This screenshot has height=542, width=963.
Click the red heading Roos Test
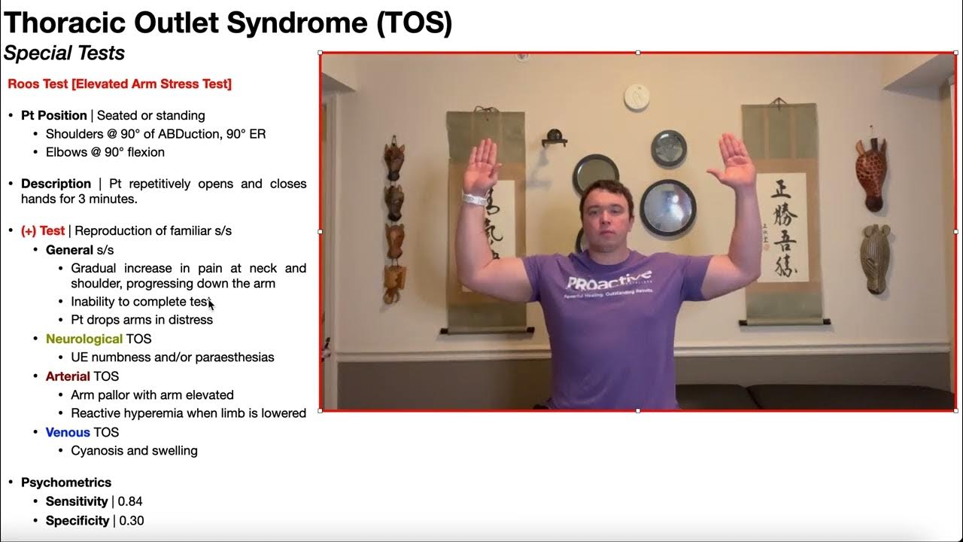click(x=120, y=84)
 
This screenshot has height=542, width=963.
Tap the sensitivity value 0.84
click(x=130, y=501)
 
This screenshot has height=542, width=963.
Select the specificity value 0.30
click(x=131, y=520)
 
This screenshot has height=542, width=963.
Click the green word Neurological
click(x=84, y=339)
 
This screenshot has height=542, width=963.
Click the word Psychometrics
click(x=66, y=483)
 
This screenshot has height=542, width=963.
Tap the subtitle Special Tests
click(x=64, y=53)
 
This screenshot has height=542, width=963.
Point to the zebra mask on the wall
click(x=876, y=257)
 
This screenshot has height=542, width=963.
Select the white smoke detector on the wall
click(x=636, y=96)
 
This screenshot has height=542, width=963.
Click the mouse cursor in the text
click(x=211, y=303)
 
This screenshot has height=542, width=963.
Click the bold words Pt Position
click(x=53, y=115)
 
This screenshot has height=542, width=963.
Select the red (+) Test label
click(x=43, y=230)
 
